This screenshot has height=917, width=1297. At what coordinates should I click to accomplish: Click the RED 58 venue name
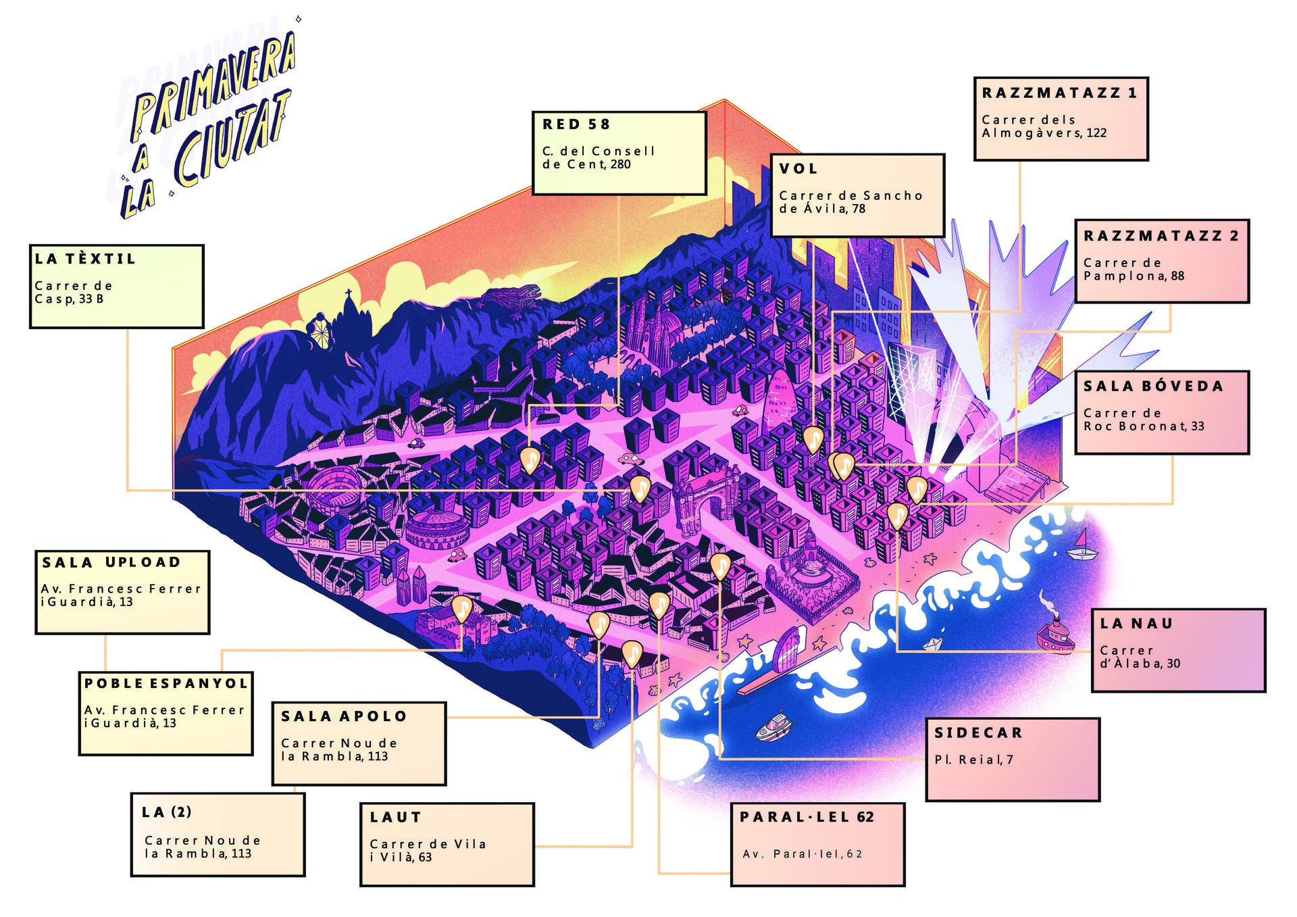pos(576,124)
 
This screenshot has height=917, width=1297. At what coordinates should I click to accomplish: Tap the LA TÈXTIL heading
pos(85,258)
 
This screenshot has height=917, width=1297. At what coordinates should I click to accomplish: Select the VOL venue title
pos(798,169)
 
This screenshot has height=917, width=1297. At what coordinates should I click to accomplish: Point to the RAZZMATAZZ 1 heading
pos(1059,93)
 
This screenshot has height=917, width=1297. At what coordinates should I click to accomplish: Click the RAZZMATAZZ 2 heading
pos(1161,236)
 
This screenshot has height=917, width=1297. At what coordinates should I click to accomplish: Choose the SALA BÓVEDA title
pos(1153,386)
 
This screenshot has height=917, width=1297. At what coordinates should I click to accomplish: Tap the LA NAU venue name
pos(1136,623)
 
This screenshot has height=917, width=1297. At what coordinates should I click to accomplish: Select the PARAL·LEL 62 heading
pos(807,817)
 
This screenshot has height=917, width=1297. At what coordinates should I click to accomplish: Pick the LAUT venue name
pos(395,818)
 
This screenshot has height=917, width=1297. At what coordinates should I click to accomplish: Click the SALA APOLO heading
pos(344,716)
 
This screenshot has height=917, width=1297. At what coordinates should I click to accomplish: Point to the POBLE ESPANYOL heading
pos(166,683)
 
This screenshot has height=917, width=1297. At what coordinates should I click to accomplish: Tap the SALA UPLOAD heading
pos(111,562)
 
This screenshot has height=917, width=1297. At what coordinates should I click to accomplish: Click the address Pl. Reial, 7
pos(973,760)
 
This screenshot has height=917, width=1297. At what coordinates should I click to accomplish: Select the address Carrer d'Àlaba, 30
pos(1140,657)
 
